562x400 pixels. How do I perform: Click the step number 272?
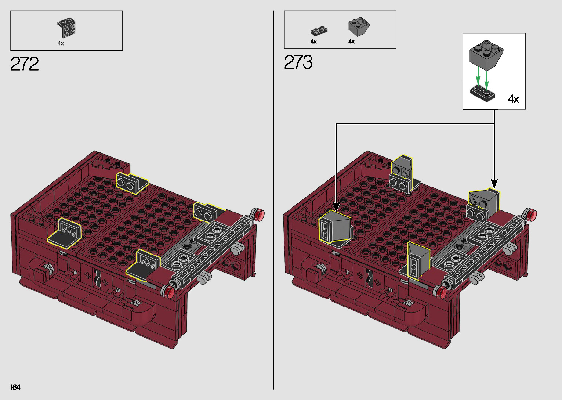tap(25, 64)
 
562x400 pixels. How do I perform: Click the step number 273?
tap(298, 62)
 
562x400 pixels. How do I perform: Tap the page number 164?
tap(15, 387)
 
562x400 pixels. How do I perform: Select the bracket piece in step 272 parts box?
tap(67, 28)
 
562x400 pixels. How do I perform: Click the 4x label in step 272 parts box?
tap(61, 43)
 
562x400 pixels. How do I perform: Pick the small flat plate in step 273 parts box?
tap(319, 31)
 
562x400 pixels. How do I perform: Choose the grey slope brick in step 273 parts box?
tap(359, 26)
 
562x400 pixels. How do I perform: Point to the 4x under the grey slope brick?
tap(352, 42)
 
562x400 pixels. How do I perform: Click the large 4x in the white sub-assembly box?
tap(513, 99)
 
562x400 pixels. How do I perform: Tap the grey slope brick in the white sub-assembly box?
tap(486, 55)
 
